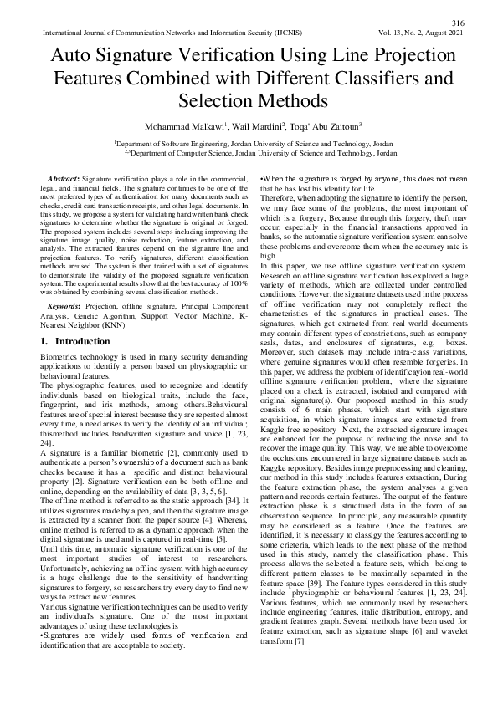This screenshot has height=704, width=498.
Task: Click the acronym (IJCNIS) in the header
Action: [285, 33]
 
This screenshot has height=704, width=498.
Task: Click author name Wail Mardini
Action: [247, 127]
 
